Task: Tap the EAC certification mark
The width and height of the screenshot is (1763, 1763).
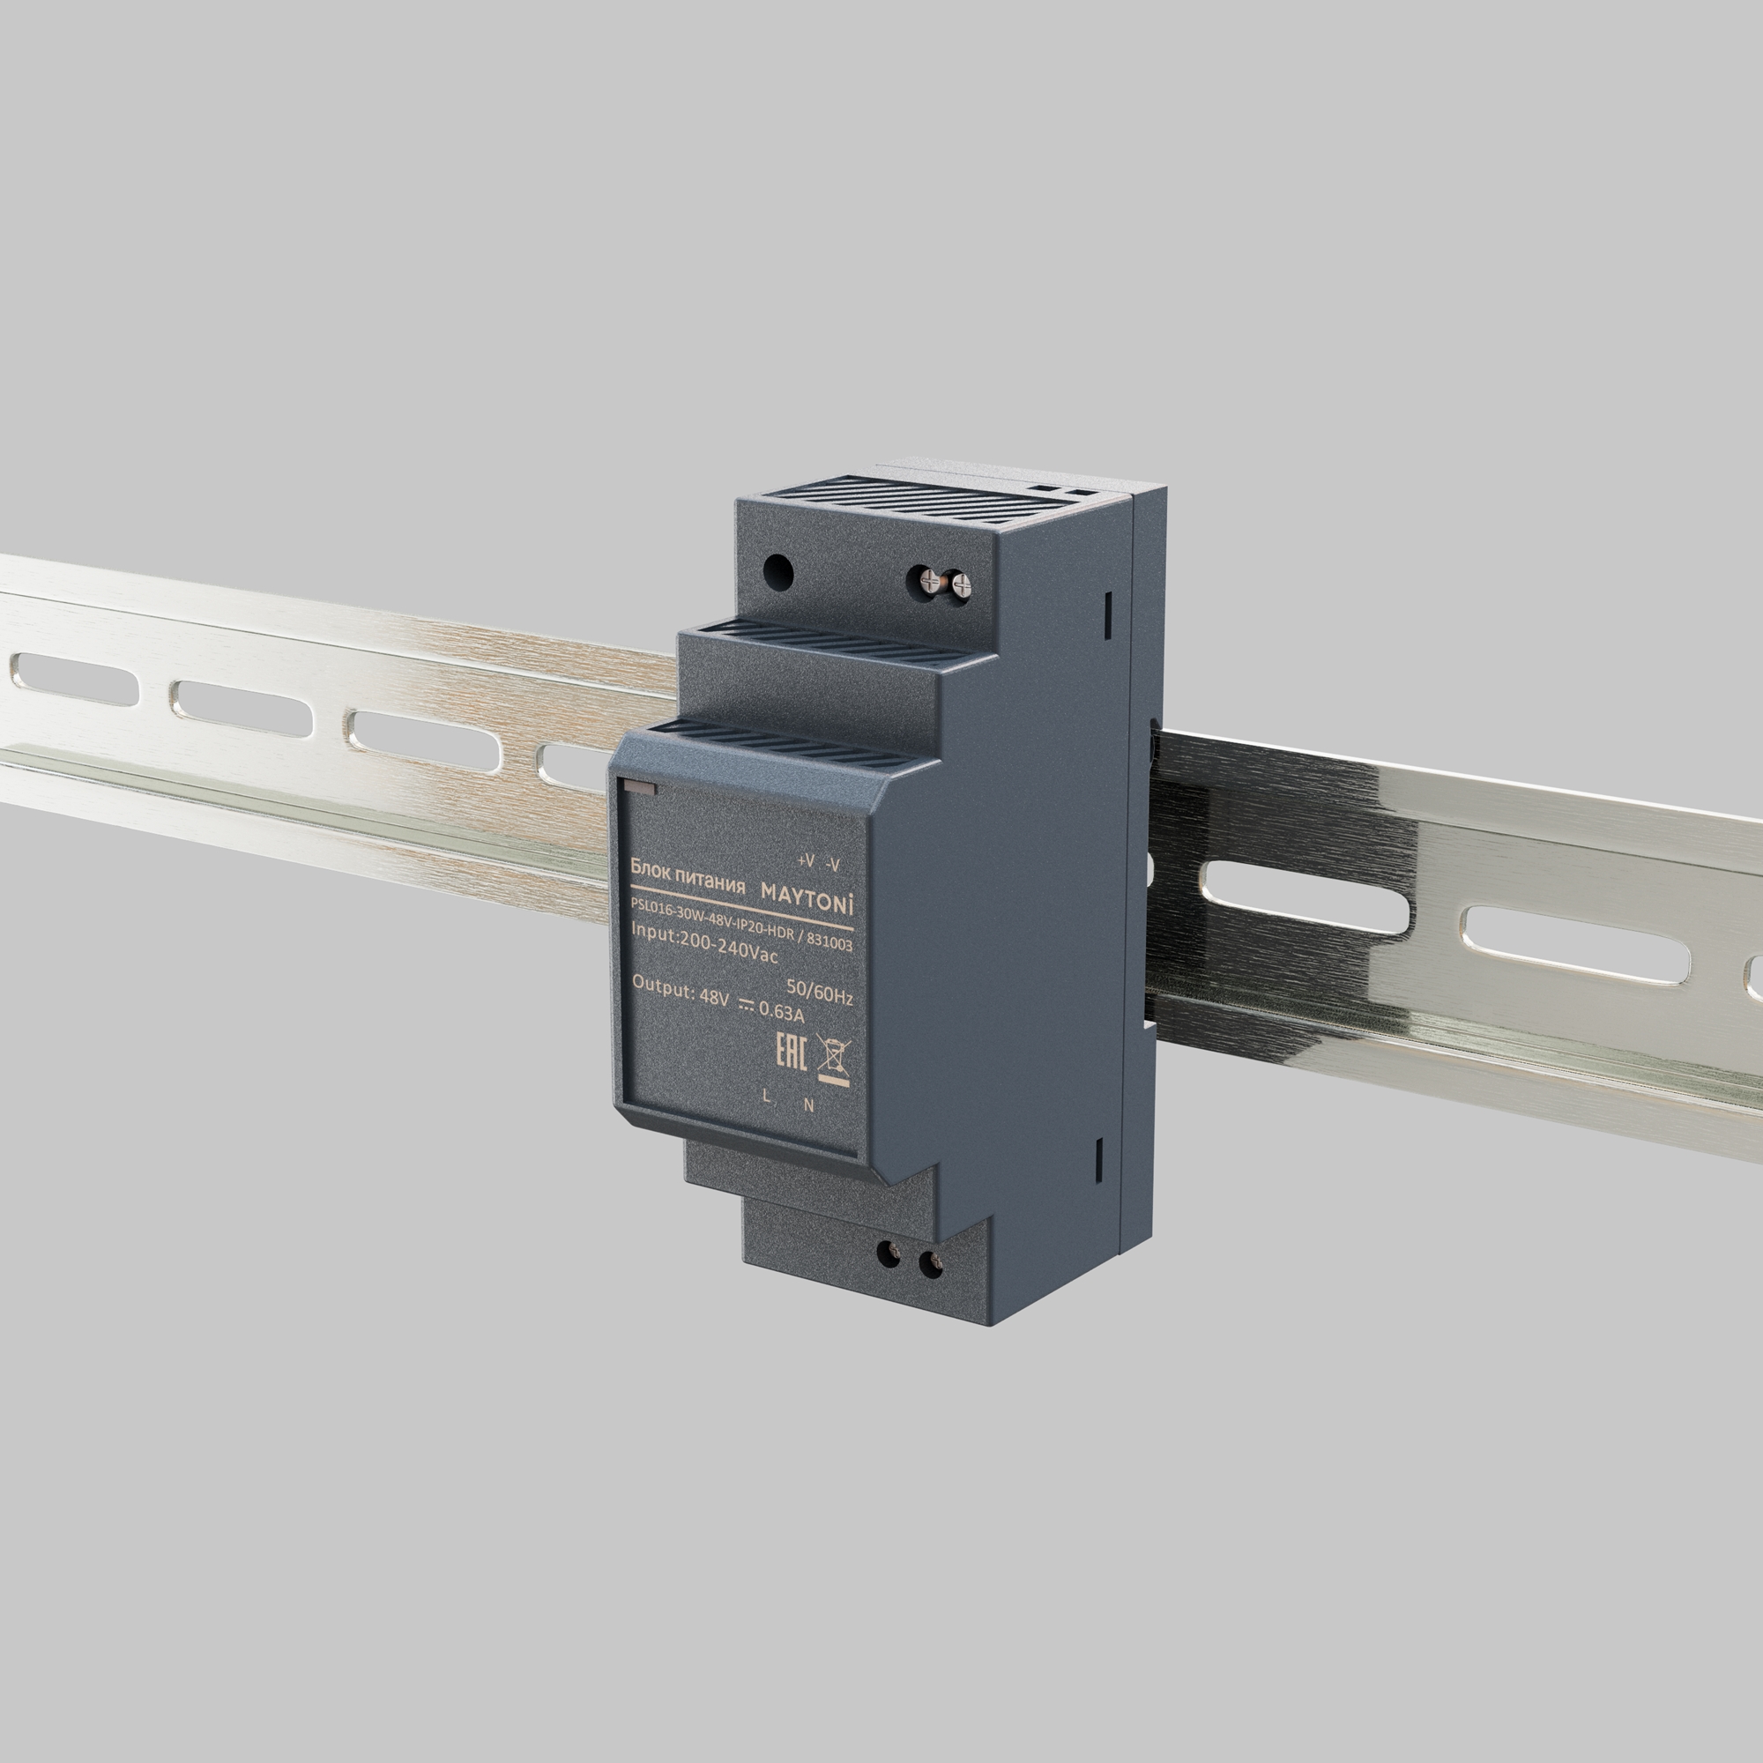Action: click(790, 1053)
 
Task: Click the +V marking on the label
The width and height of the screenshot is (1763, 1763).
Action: click(805, 860)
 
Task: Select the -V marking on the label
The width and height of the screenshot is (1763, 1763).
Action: click(831, 864)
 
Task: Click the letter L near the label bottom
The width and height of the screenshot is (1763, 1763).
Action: click(767, 1097)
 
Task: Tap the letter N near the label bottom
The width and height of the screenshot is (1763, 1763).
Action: click(808, 1105)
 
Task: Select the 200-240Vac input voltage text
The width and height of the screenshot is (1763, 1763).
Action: click(729, 948)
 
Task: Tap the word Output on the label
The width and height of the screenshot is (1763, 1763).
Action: click(663, 986)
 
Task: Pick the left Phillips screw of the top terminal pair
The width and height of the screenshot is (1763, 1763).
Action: click(931, 578)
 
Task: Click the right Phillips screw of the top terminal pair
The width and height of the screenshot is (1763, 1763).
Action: click(959, 585)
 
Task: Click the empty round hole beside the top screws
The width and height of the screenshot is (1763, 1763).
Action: click(778, 572)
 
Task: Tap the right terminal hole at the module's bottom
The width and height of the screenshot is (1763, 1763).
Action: click(929, 1265)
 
